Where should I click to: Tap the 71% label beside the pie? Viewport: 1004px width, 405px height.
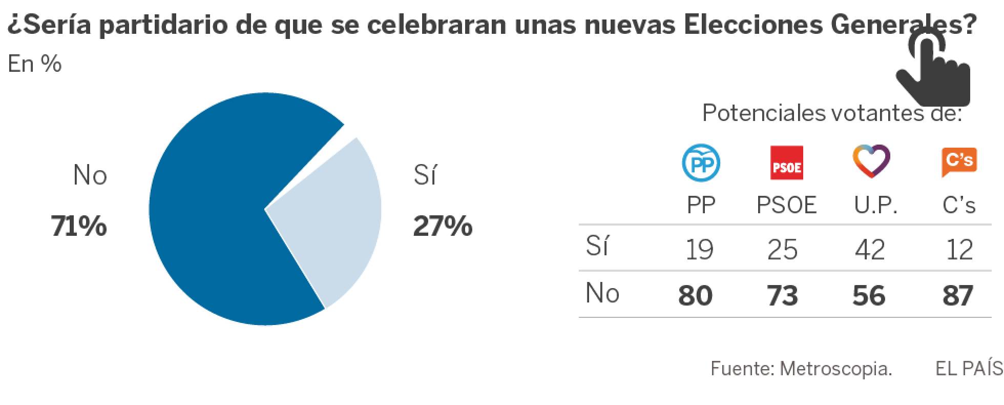coord(79,226)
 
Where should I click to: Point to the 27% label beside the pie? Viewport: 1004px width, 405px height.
coord(443,226)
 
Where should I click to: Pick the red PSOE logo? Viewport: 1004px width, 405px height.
coord(786,163)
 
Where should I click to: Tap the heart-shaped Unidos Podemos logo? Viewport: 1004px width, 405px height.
coord(871,161)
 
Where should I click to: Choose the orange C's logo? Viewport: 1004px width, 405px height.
coord(959,161)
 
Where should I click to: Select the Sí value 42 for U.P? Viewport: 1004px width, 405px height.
coord(870,250)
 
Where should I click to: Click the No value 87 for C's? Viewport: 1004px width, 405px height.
coord(957,296)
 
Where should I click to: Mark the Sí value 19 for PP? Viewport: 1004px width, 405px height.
coord(699,250)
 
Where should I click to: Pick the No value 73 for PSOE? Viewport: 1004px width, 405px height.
coord(782,296)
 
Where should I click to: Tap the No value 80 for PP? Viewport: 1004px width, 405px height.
coord(695,296)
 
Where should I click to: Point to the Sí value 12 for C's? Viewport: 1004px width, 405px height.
coord(959,250)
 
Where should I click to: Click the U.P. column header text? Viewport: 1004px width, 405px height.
coord(875,206)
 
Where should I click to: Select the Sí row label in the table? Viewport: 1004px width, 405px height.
coord(597,247)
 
